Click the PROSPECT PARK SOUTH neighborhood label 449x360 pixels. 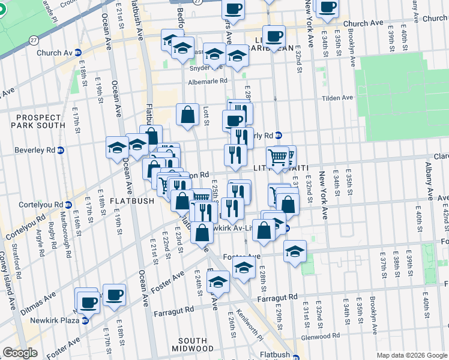(40, 121)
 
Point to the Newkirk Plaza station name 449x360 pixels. (54, 320)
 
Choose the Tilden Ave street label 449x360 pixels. (338, 98)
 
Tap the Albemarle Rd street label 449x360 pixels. (208, 81)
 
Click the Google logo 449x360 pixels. (20, 353)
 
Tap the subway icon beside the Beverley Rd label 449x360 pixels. (61, 150)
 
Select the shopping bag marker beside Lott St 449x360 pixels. (187, 115)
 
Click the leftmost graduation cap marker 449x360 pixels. (117, 148)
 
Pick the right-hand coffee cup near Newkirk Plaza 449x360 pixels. (114, 295)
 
